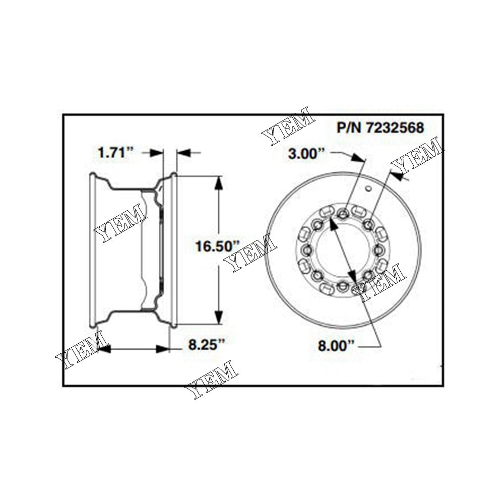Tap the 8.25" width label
pos(206,345)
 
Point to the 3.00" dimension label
pos(304,154)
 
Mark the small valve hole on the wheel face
pos(368,188)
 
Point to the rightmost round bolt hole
pos(379,250)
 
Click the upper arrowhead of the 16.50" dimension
pos(218,182)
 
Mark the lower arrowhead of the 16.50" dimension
pos(218,318)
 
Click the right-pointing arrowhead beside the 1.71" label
pos(158,153)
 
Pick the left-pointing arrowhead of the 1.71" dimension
pos(182,153)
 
